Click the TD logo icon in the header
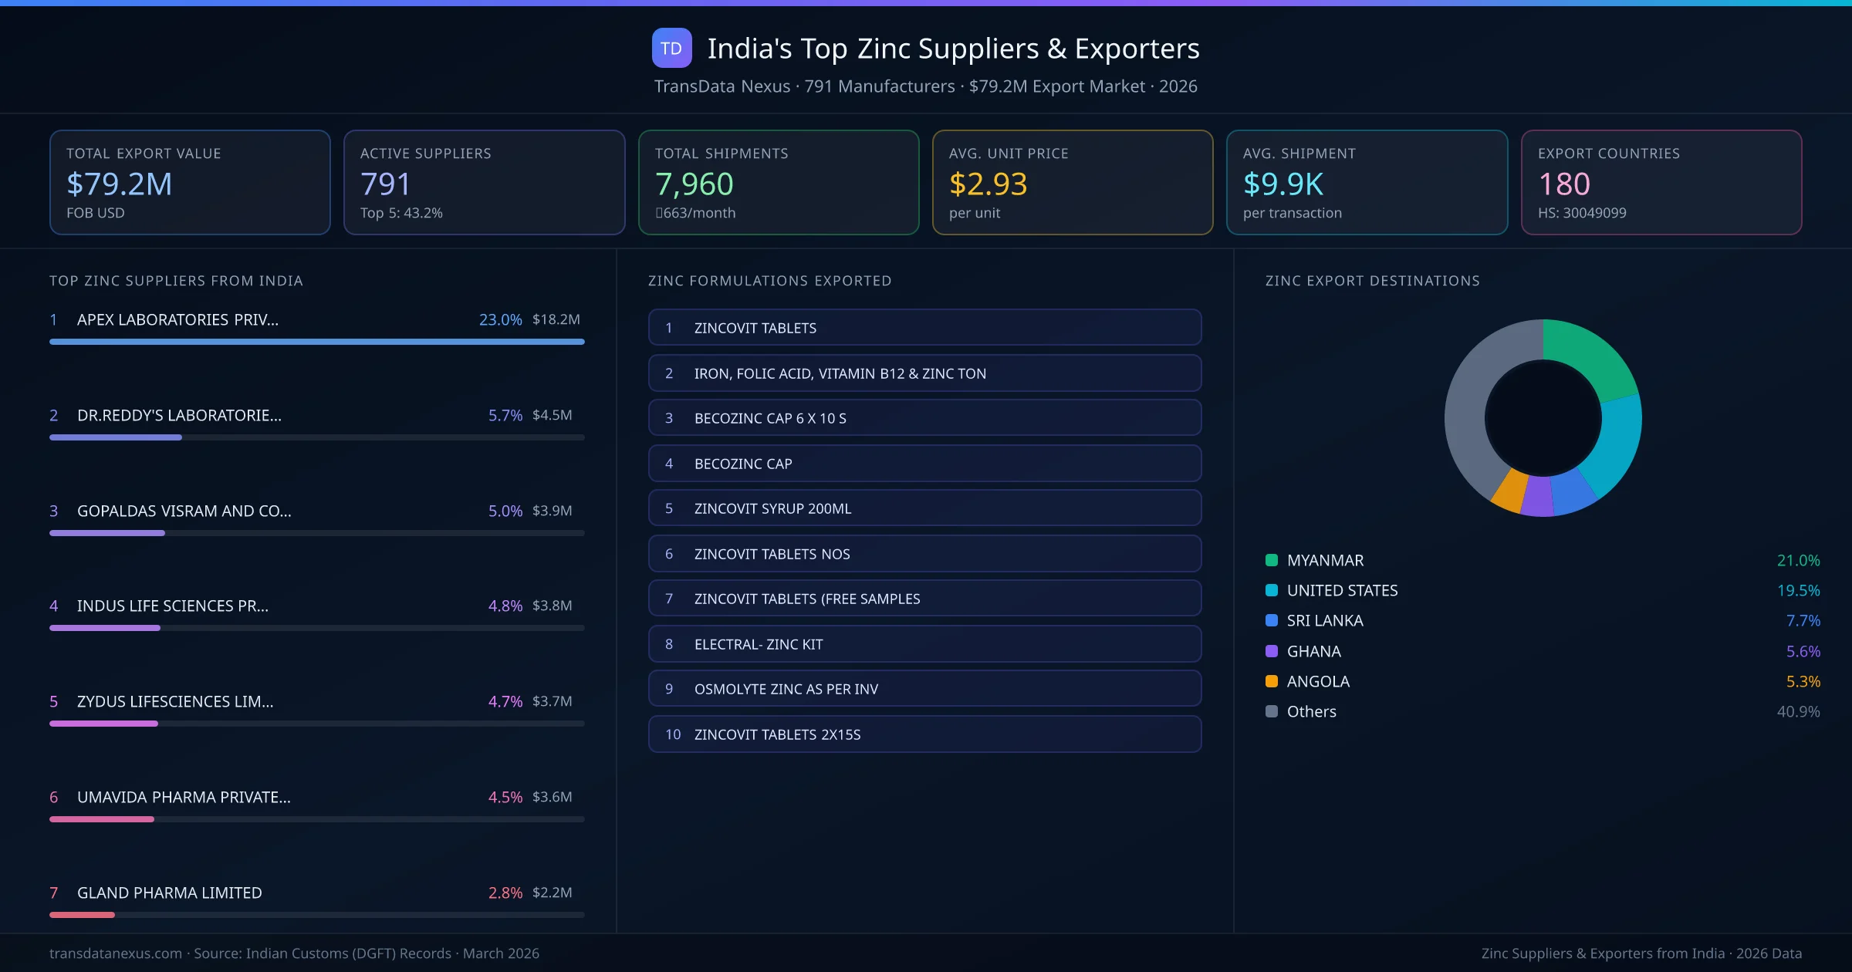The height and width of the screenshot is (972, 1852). pos(671,49)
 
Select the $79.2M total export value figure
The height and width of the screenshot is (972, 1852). pos(120,184)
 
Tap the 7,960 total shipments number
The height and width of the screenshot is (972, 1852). pos(694,184)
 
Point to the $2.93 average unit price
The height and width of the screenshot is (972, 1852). pos(988,184)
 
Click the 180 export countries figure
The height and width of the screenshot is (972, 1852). pos(1564,184)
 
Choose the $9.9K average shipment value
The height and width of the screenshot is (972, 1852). pos(1283,184)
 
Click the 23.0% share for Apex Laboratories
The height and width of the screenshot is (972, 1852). pos(500,319)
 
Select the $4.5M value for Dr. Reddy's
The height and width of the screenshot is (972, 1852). pos(553,415)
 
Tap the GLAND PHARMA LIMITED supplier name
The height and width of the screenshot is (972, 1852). pos(170,893)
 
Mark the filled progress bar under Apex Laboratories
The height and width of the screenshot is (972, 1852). pos(316,342)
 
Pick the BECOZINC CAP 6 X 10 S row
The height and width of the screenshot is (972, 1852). pos(924,418)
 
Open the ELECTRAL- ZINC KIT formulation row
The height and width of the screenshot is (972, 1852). pos(924,644)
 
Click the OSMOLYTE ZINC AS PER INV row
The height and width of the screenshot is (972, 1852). pos(924,689)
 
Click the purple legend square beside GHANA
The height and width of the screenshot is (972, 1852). pos(1272,651)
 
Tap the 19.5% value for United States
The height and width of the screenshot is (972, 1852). pos(1798,591)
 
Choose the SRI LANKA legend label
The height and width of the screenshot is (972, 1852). pos(1325,621)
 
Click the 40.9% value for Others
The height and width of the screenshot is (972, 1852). pos(1798,712)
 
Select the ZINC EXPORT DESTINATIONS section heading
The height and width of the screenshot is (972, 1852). pos(1372,281)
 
